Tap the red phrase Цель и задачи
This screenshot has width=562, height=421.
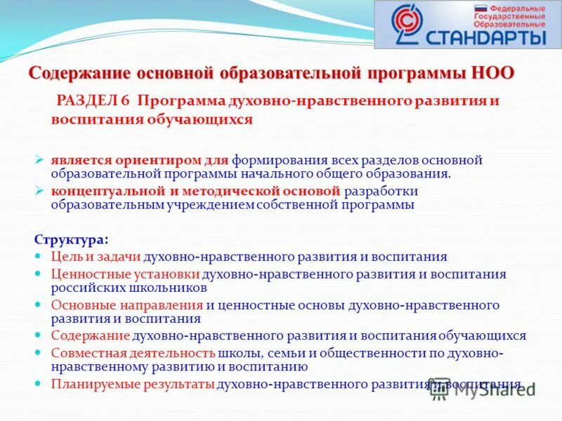coord(96,257)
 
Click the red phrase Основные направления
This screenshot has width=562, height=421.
coord(126,305)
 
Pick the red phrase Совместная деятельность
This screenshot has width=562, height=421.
coord(133,353)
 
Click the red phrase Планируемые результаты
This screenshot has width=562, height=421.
coord(133,384)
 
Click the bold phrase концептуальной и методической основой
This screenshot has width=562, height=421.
coord(195,191)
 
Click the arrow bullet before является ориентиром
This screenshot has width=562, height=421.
coord(40,159)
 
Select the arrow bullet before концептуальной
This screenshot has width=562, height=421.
coord(40,191)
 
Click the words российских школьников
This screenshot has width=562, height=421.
coord(129,288)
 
